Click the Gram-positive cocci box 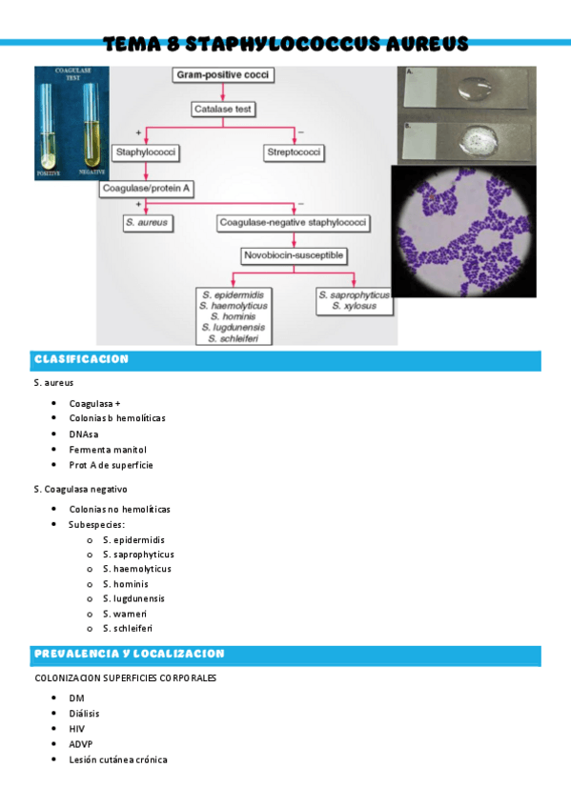tap(222, 74)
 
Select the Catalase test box tap(223, 109)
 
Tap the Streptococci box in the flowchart tap(294, 151)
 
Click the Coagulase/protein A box tap(147, 189)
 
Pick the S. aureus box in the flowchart tap(146, 223)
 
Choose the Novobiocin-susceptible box tap(293, 255)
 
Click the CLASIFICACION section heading tap(81, 359)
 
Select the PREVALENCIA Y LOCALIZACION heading tap(129, 655)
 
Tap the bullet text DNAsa tap(83, 434)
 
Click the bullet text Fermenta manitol tap(107, 450)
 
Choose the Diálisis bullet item tap(84, 713)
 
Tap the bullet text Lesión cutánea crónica tap(117, 759)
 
